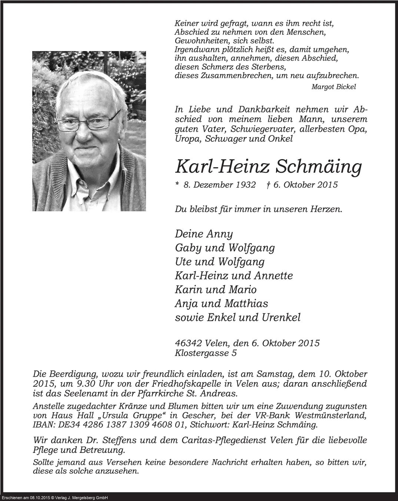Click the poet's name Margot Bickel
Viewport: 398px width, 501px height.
[x=334, y=87]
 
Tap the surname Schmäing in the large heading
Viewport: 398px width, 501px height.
[x=318, y=167]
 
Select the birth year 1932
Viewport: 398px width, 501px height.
[x=245, y=185]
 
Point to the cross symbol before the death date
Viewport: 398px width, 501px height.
[x=268, y=184]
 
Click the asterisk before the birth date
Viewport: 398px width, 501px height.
[x=177, y=184]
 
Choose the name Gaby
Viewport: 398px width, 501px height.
[x=186, y=248]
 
